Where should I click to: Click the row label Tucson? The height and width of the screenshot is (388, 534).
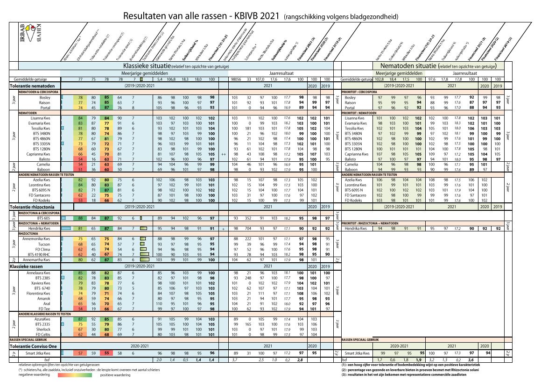44,244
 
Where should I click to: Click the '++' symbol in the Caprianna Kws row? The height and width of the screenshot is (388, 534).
224,154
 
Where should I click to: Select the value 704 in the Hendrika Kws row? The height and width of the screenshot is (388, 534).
250,229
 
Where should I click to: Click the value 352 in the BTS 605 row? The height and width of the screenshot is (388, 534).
250,218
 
